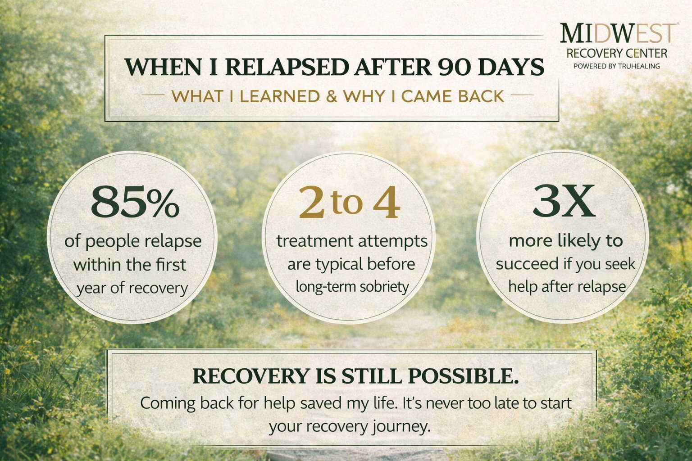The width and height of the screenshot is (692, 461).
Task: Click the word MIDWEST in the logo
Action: (x=618, y=34)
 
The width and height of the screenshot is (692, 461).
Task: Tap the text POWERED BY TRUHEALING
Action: (x=616, y=66)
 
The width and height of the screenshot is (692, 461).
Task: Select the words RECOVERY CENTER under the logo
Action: (x=616, y=54)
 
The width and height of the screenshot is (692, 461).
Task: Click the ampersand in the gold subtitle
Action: (x=331, y=96)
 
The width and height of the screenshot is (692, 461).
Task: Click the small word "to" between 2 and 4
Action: (x=346, y=203)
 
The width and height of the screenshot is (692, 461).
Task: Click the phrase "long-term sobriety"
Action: (x=352, y=286)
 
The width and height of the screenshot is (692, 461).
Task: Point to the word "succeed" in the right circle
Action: (x=527, y=264)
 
